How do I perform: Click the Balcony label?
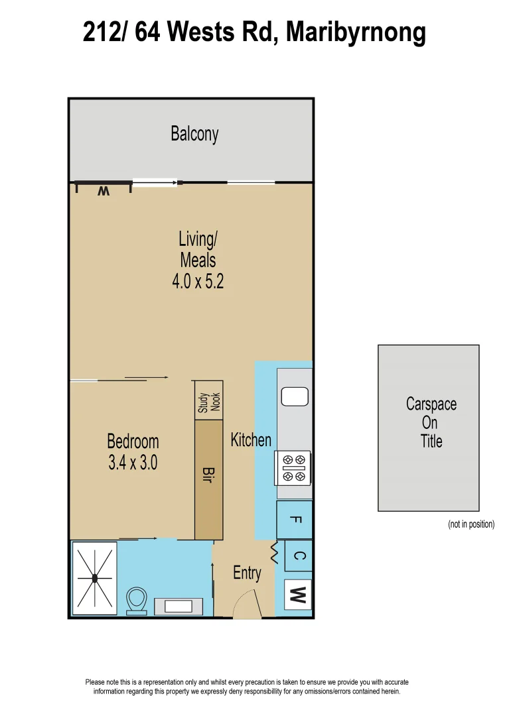(x=194, y=134)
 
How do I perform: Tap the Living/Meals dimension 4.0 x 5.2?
(x=198, y=281)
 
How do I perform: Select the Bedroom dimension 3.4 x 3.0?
(x=133, y=463)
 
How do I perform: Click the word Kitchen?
(x=251, y=440)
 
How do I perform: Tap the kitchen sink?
(x=293, y=396)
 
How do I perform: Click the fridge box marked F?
(x=295, y=520)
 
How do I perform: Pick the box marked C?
(x=298, y=556)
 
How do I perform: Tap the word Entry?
(x=247, y=573)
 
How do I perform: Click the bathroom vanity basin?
(x=179, y=606)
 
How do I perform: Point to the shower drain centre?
(x=95, y=579)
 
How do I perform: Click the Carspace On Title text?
(x=431, y=422)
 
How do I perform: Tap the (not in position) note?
(x=471, y=524)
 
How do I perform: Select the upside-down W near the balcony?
(x=103, y=191)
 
